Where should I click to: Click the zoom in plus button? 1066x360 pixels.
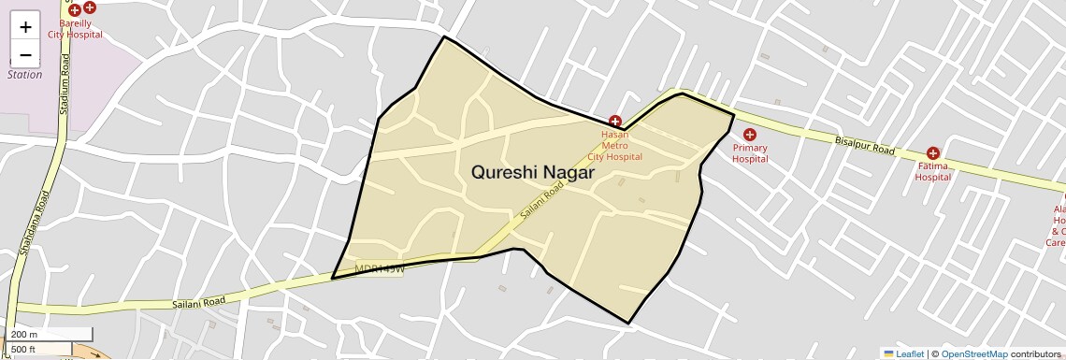(25, 27)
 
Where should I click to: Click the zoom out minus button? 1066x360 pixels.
(25, 54)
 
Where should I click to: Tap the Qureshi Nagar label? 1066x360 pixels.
(533, 173)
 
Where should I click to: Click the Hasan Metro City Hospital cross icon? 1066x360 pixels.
(615, 122)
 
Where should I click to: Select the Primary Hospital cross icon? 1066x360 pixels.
(749, 135)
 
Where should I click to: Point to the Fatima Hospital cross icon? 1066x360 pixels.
(932, 153)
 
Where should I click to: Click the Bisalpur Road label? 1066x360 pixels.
(864, 145)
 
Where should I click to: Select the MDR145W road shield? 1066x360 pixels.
(379, 269)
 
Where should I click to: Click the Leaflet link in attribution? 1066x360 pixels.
(903, 353)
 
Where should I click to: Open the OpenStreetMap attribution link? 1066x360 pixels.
(973, 353)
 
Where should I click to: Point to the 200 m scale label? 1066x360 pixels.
(24, 335)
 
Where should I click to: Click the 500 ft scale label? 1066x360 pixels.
(24, 349)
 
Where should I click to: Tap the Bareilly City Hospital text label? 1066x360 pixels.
(75, 27)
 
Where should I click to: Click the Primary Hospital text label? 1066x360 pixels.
(750, 153)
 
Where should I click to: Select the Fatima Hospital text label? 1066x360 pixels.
(932, 171)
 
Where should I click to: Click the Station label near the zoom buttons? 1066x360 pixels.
(25, 75)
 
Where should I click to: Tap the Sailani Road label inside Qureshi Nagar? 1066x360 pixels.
(543, 200)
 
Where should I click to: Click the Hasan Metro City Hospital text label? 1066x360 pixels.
(615, 145)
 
